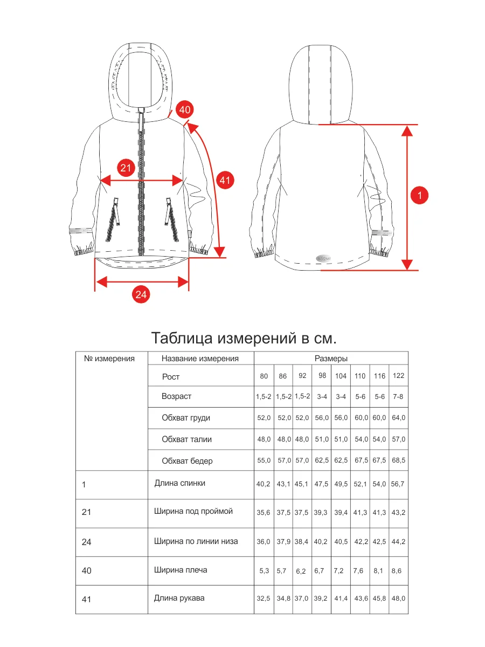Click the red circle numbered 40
point(185,109)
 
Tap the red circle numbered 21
point(126,168)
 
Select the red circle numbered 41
point(225,180)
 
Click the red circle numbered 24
point(141,294)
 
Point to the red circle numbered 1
point(419,195)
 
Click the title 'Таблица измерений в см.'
point(244,338)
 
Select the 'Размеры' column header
point(331,359)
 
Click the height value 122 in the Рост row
point(398,375)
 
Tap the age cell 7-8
point(398,396)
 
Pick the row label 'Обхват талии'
point(186,439)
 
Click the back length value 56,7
point(398,484)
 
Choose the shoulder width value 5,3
point(264,570)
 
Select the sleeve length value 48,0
point(398,598)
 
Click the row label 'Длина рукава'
point(179,598)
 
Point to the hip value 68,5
point(398,460)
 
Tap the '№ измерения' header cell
point(109,359)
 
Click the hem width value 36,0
point(264,541)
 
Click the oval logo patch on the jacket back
point(323,258)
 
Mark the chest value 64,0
point(398,418)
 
